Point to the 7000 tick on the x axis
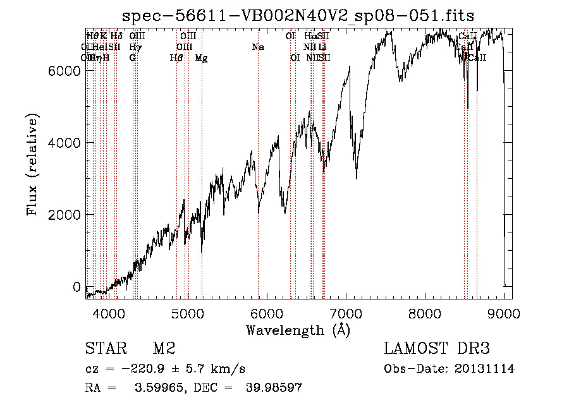[x=346, y=313]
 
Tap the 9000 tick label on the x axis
[x=505, y=313]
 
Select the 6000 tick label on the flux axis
[x=66, y=71]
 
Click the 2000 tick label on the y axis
[x=66, y=215]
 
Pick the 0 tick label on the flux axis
[x=77, y=287]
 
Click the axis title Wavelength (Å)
[x=298, y=330]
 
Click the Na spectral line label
[x=257, y=47]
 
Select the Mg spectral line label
[x=201, y=58]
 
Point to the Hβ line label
[x=176, y=58]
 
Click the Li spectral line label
[x=322, y=47]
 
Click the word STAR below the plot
[x=106, y=349]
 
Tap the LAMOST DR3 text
[x=437, y=349]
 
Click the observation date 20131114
[x=487, y=369]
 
